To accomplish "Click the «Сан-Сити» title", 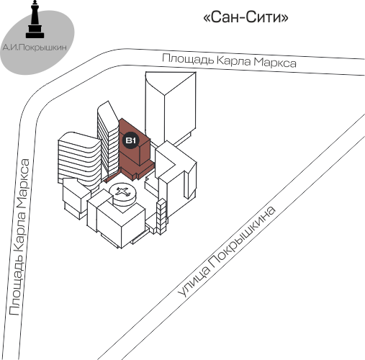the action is (245, 17).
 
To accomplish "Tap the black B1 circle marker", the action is (131, 140).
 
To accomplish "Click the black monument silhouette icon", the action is (35, 19).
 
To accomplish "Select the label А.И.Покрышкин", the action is (35, 48).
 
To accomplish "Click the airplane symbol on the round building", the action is (122, 192).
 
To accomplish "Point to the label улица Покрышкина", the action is (227, 251).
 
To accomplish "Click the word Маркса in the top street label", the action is (275, 62).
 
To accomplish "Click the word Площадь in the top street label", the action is (188, 59).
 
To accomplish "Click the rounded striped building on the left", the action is (79, 160).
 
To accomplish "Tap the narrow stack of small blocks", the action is (161, 217).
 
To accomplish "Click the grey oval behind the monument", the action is (37, 42).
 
